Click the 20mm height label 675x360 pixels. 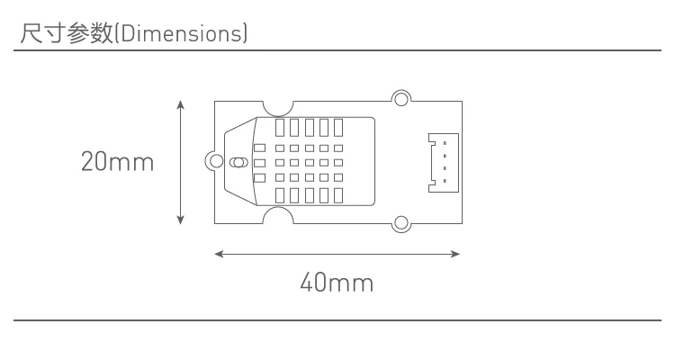pos(117,163)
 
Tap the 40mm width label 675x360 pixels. pos(337,283)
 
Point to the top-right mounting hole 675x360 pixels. pos(401,99)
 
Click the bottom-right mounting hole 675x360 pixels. pos(401,224)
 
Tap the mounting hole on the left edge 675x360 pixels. pos(214,162)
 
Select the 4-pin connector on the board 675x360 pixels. pos(444,162)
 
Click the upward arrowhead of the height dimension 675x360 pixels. pos(181,104)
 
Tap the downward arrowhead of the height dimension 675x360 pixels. pos(181,220)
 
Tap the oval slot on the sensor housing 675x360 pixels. pos(238,163)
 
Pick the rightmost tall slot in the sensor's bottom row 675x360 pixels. pos(337,195)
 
